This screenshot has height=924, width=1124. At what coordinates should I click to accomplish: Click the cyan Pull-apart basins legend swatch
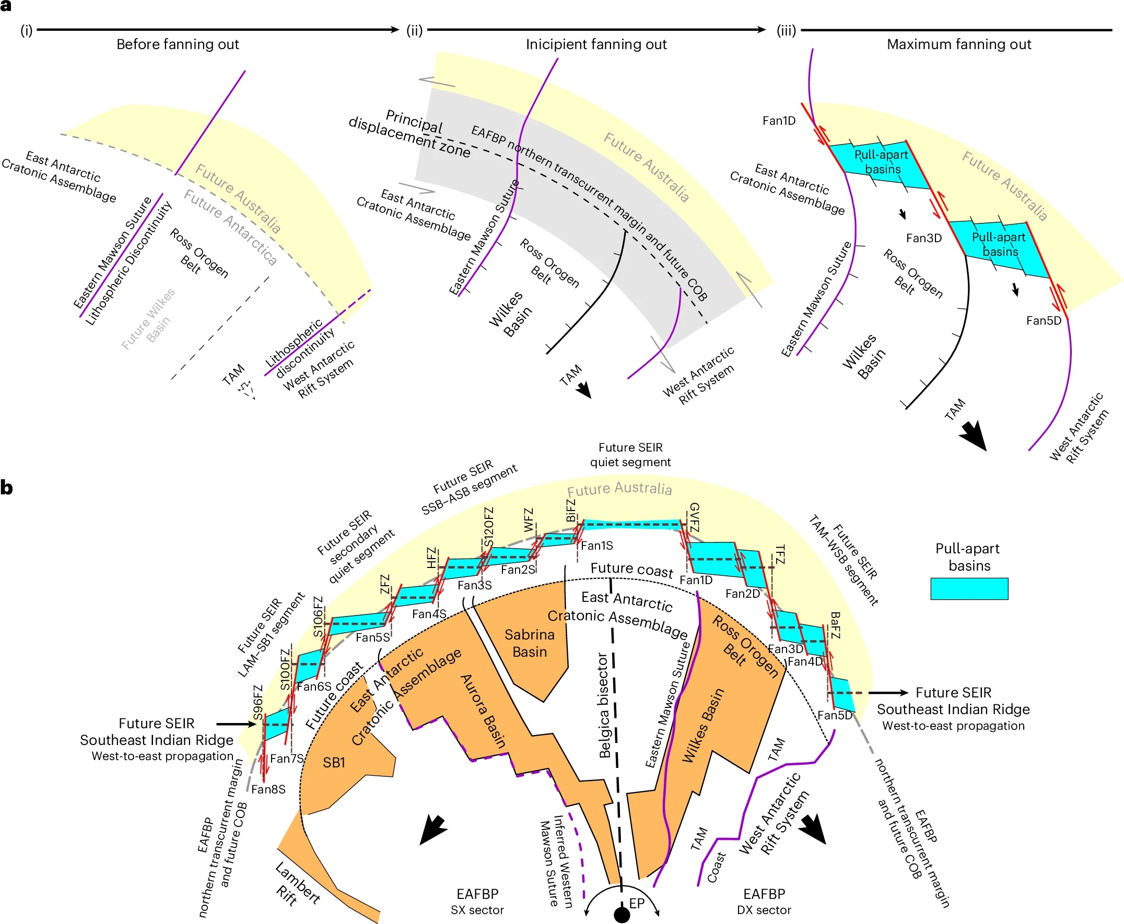(x=969, y=589)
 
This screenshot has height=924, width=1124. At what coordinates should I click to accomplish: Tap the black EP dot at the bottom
(x=622, y=915)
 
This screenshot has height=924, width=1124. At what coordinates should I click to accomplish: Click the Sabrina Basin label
(x=529, y=643)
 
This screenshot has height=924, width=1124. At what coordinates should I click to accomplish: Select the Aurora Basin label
(x=483, y=711)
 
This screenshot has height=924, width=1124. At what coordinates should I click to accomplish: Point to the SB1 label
(x=334, y=763)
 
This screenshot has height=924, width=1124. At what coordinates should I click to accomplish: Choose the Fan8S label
(x=268, y=789)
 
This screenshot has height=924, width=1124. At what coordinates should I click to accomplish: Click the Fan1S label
(x=597, y=546)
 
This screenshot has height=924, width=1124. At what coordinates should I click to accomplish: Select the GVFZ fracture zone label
(x=694, y=517)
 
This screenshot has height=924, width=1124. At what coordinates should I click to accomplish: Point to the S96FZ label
(x=257, y=702)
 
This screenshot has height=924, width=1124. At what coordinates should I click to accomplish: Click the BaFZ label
(x=835, y=625)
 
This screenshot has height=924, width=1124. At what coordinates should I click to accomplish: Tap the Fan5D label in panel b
(x=835, y=715)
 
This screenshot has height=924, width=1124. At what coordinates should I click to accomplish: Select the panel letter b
(x=7, y=487)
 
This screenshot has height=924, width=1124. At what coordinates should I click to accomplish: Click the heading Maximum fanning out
(x=958, y=44)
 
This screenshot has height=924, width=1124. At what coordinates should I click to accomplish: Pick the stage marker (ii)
(x=414, y=30)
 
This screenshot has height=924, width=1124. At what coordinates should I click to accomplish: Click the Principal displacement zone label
(x=409, y=134)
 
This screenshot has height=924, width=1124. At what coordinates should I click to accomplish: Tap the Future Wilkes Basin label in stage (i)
(x=148, y=319)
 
